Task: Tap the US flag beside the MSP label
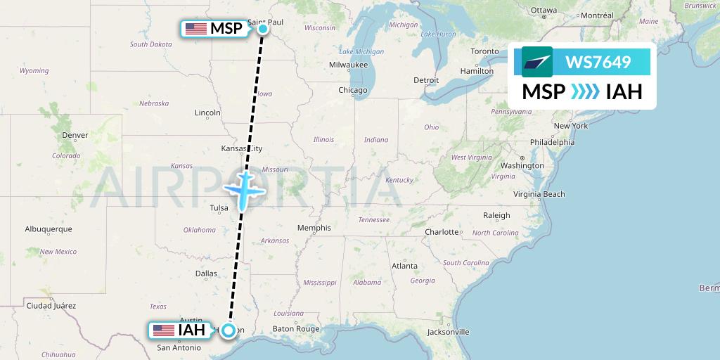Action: point(196,29)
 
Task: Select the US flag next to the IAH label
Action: point(163,330)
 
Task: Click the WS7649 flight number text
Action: point(598,62)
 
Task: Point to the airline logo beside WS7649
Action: point(537,62)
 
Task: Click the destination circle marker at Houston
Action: point(229,330)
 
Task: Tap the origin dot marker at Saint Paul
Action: point(263,29)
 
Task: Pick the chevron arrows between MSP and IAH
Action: point(586,92)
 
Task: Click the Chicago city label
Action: point(352,90)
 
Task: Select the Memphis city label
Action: point(314,228)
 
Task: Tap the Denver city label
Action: point(75,135)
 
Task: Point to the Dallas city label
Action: point(207,274)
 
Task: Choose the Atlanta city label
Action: point(404,266)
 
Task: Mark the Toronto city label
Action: point(484,51)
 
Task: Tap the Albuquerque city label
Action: point(49,229)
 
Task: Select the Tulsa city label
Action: point(219,208)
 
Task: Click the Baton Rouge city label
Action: point(296,328)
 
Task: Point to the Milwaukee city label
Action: point(348,65)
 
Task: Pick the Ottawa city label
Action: point(543,10)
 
